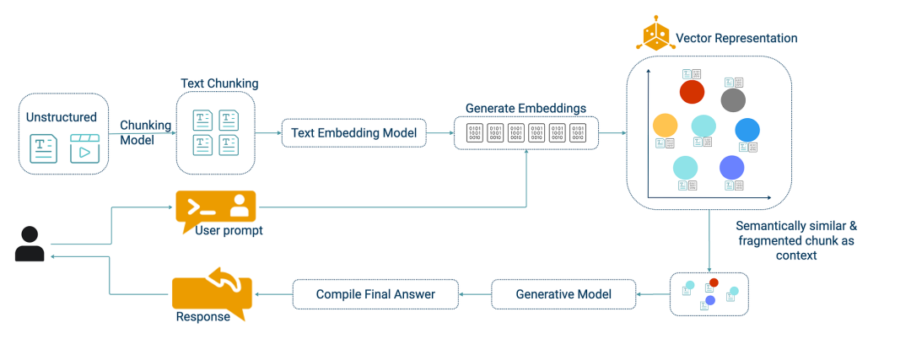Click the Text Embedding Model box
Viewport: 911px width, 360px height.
353,133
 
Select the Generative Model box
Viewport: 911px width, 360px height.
563,294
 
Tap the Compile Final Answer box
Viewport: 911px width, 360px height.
375,294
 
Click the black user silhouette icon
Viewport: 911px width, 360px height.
30,243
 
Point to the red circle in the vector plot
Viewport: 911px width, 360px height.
692,91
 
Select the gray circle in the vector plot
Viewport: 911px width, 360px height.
733,100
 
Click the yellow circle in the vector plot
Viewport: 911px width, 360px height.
665,125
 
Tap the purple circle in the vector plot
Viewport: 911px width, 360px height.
731,168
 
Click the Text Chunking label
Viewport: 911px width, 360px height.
219,83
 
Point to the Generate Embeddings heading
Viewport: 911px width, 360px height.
526,109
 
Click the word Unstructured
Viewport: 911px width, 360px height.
62,117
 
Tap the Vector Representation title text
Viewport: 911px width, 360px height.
736,38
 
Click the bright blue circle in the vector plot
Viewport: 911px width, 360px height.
747,130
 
